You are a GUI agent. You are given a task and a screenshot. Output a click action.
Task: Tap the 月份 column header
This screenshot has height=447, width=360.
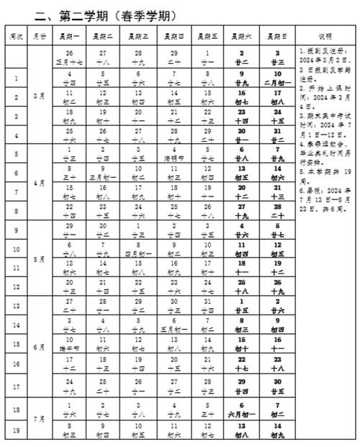tap(40, 36)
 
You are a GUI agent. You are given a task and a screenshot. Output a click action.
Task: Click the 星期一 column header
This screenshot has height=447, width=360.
tap(71, 36)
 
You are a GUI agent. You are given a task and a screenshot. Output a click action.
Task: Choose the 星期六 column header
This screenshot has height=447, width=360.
tap(241, 36)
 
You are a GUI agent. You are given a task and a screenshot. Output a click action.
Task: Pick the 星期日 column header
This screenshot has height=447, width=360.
tap(276, 36)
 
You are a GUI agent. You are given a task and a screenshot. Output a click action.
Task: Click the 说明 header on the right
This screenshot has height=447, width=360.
tap(324, 36)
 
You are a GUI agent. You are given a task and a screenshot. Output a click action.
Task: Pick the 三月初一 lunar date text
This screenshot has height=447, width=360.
tap(106, 177)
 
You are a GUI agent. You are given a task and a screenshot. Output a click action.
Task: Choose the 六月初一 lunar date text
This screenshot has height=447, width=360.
tap(241, 415)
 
